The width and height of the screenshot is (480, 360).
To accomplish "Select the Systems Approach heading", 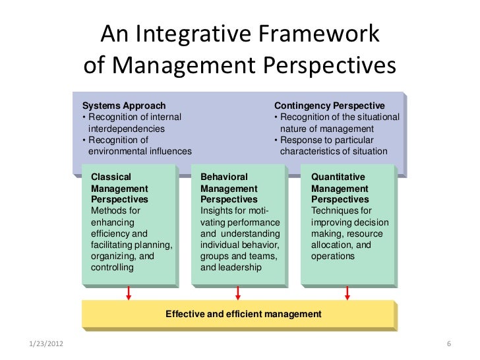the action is coord(124,105).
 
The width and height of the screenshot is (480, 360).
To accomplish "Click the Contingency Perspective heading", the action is coord(329,105).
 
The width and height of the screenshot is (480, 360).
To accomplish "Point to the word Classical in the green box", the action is coord(110,177).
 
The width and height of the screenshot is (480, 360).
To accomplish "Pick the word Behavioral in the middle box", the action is coord(224,177).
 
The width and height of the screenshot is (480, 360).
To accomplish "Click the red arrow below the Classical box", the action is coord(129,292).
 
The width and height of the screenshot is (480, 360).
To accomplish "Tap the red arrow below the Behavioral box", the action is coord(238,292).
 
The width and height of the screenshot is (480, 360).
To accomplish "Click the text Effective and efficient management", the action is coord(243,315).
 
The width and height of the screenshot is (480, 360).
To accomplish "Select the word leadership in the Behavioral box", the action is coord(242,268).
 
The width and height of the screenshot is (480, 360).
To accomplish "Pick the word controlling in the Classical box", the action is coord(111,268).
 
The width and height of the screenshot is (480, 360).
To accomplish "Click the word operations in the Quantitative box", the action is coord(333,256).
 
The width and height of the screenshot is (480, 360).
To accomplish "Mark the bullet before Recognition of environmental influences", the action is coord(84,140).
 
